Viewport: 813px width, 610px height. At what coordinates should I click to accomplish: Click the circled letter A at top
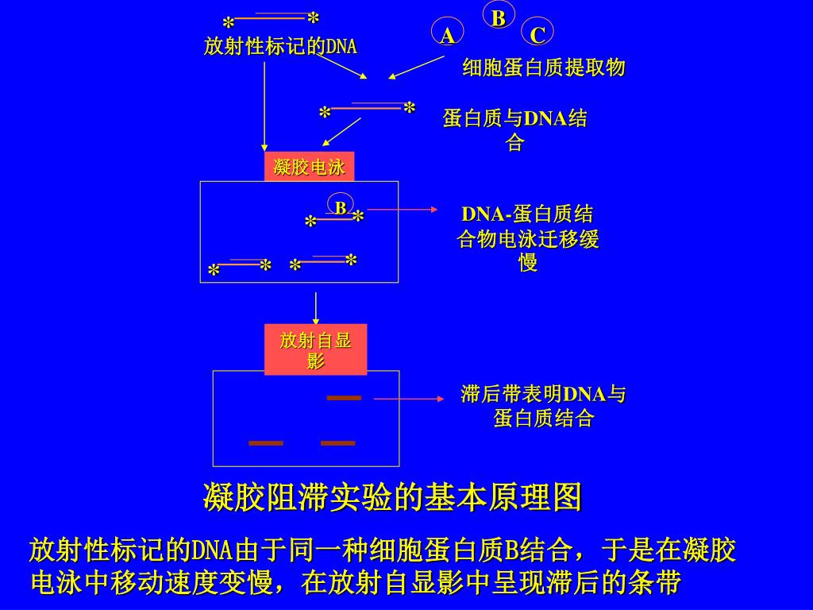pyautogui.click(x=447, y=35)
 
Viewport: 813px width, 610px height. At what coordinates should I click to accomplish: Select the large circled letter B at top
pyautogui.click(x=499, y=17)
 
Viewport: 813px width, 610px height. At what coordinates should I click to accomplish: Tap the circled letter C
pyautogui.click(x=538, y=35)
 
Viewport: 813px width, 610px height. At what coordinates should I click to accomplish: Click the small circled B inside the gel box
pyautogui.click(x=340, y=207)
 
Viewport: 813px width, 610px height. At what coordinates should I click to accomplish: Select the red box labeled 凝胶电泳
pyautogui.click(x=309, y=167)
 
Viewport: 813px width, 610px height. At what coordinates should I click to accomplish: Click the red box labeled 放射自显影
pyautogui.click(x=315, y=349)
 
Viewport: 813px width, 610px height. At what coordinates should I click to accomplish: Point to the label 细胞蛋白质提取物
pyautogui.click(x=544, y=68)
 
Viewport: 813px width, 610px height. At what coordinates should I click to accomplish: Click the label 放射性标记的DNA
pyautogui.click(x=280, y=47)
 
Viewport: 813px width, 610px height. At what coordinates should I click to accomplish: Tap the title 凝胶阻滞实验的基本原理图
pyautogui.click(x=393, y=498)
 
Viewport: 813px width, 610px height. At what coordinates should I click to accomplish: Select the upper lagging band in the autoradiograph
pyautogui.click(x=344, y=398)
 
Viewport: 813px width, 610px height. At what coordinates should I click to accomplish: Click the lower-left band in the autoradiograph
pyautogui.click(x=266, y=443)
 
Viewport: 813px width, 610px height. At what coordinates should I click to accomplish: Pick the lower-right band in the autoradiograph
pyautogui.click(x=338, y=443)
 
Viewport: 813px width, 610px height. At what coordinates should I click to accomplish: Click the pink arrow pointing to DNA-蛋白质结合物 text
pyautogui.click(x=403, y=210)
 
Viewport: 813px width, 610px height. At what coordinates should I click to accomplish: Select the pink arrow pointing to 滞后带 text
pyautogui.click(x=409, y=398)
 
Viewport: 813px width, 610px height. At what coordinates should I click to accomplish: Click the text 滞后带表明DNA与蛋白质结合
pyautogui.click(x=543, y=406)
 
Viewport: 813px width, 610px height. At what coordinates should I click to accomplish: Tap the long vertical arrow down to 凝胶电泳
pyautogui.click(x=264, y=107)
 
